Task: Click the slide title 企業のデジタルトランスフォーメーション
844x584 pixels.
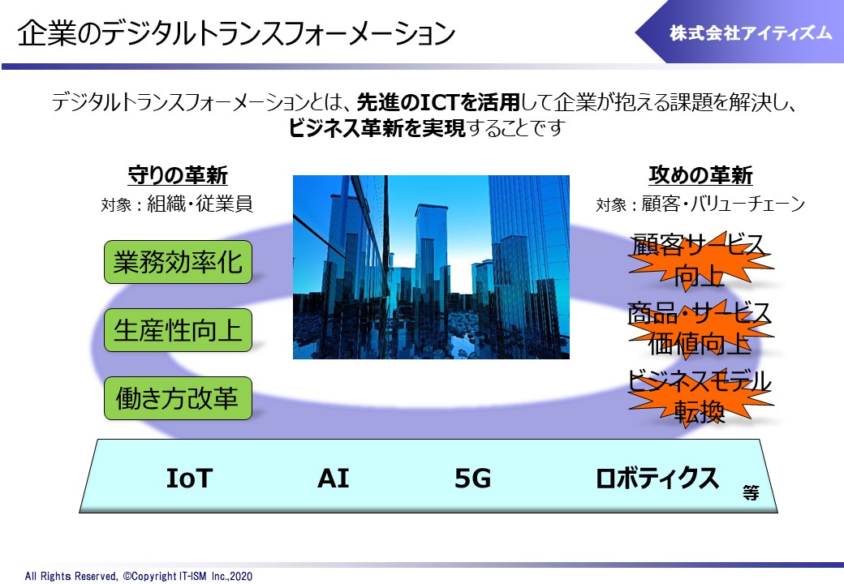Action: coord(236,33)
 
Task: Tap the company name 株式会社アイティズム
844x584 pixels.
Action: coord(751,33)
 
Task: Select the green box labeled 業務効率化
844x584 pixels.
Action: coord(179,263)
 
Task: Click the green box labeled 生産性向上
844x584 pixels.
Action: coord(179,330)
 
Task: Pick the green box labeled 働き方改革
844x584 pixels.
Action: coord(179,398)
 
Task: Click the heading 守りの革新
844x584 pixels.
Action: coord(178,175)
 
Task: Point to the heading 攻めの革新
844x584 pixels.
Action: coord(700,175)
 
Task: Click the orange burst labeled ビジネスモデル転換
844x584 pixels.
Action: coord(700,397)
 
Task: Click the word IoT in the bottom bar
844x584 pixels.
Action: coord(189,478)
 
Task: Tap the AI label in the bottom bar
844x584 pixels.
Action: coord(334,478)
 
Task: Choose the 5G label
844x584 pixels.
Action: coord(472,478)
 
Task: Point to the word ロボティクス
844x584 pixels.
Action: coord(657,478)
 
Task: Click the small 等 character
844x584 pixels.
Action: coord(751,492)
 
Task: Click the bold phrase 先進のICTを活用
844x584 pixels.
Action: coord(438,101)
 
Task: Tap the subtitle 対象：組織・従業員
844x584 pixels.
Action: coord(177,204)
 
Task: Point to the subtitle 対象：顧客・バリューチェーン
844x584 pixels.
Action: coord(700,204)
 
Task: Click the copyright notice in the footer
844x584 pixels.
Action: coord(138,576)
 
